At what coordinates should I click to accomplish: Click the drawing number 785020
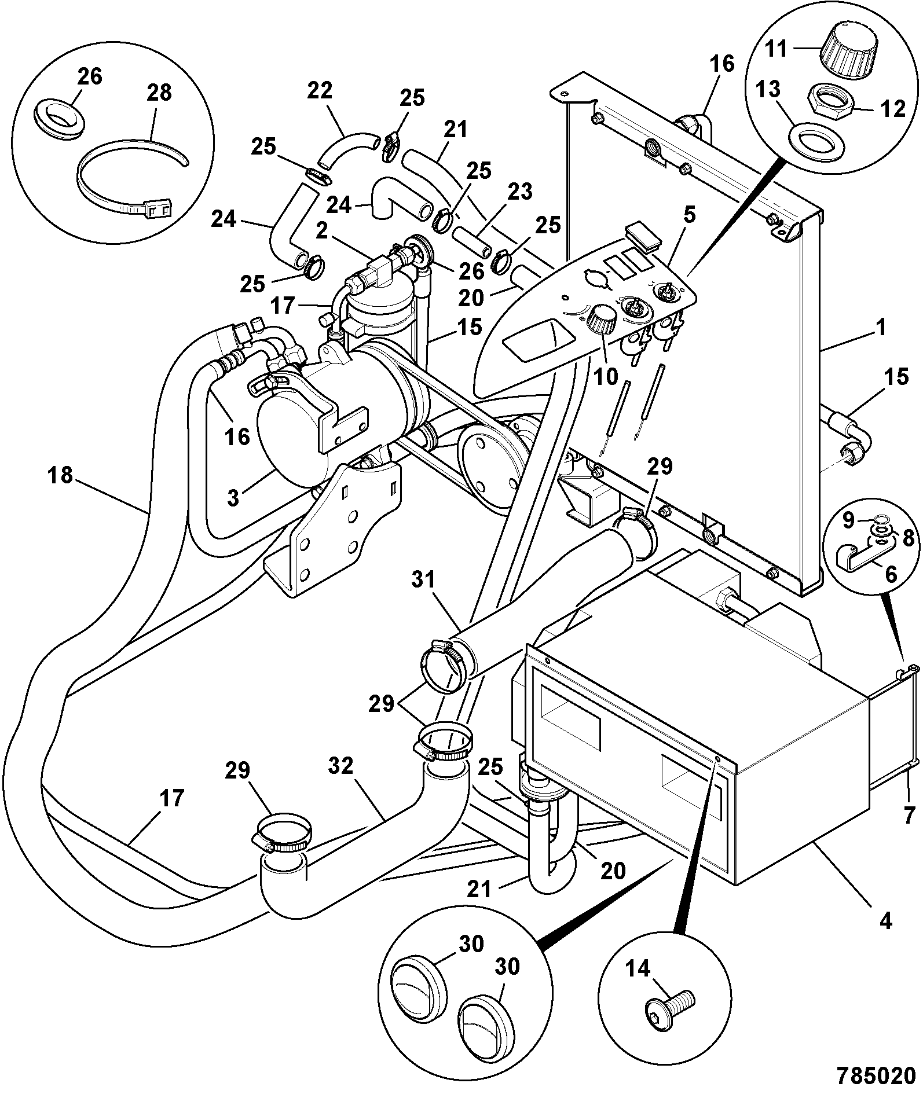click(x=869, y=1077)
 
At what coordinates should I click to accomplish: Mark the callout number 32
click(x=340, y=766)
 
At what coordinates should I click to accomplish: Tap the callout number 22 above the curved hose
click(x=320, y=90)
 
